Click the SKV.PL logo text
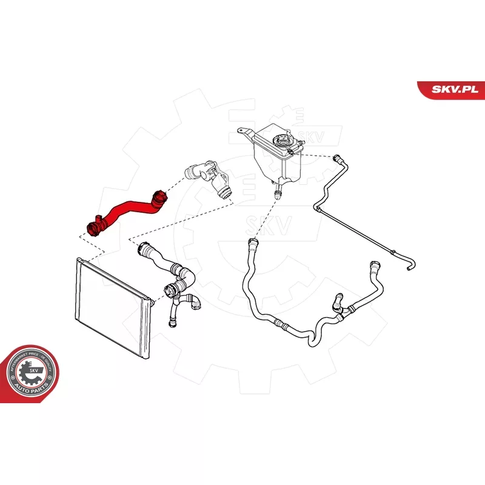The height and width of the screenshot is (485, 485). click(x=453, y=89)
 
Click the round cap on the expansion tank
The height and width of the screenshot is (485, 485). click(x=283, y=142)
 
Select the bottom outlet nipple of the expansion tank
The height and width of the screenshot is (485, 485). click(x=278, y=195)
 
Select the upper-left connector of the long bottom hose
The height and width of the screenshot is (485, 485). click(x=252, y=245)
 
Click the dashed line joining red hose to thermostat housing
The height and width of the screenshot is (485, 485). click(x=175, y=185)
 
